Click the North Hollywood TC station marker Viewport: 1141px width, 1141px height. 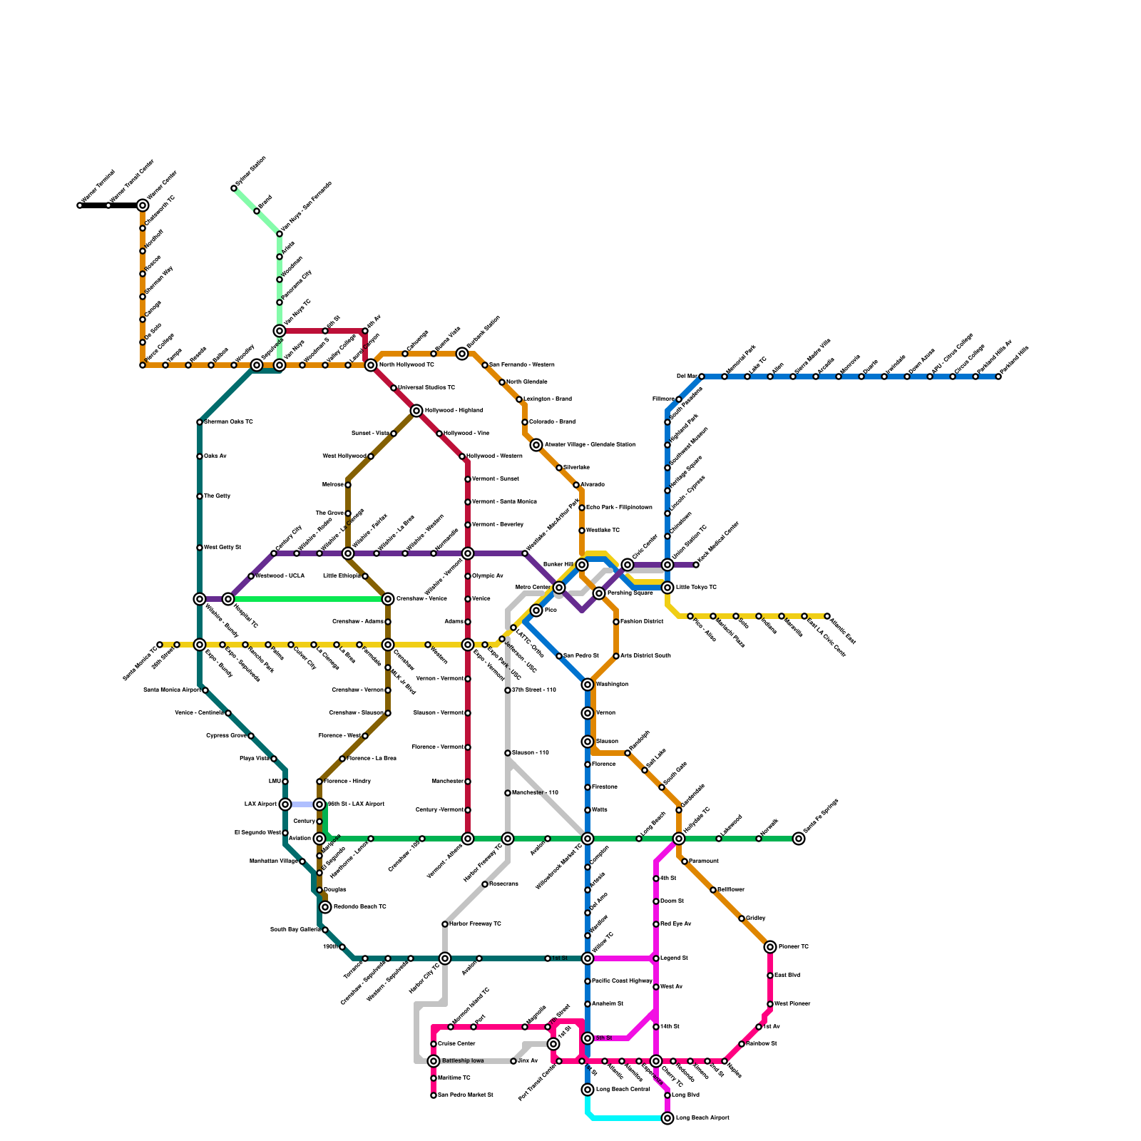click(x=371, y=365)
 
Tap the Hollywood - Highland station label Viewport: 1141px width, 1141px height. click(x=454, y=411)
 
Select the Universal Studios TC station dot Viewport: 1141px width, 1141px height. click(x=394, y=388)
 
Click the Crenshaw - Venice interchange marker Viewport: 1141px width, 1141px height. click(x=388, y=599)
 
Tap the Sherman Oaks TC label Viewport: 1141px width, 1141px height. click(x=228, y=422)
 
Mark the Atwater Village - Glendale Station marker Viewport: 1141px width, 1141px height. click(x=536, y=445)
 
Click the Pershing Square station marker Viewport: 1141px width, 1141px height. click(x=599, y=593)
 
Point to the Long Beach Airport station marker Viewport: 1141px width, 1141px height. click(x=667, y=1118)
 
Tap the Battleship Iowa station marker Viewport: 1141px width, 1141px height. click(x=434, y=1061)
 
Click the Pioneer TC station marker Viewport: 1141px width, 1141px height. click(x=770, y=947)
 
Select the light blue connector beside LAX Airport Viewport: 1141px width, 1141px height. click(x=302, y=804)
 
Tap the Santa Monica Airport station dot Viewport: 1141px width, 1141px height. click(x=205, y=690)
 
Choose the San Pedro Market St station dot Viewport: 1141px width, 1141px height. click(x=434, y=1095)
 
